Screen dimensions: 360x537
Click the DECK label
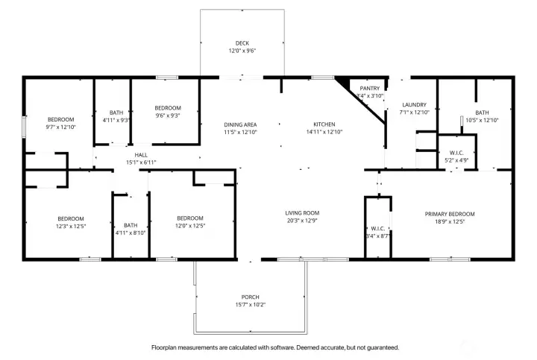(242, 43)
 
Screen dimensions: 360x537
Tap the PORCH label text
(250, 297)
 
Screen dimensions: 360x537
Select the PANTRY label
(370, 88)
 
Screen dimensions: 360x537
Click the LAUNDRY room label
(413, 104)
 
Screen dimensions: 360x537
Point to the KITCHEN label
(324, 124)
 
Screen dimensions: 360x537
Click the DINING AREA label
(240, 124)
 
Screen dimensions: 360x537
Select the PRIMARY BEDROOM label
(450, 213)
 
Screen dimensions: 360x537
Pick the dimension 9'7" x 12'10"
(61, 127)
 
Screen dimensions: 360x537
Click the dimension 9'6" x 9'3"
(168, 116)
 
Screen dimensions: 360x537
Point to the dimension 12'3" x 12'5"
(71, 226)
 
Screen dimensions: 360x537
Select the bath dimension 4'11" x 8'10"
(131, 233)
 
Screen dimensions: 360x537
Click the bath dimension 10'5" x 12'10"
(482, 120)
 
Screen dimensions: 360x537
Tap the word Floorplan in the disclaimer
(166, 347)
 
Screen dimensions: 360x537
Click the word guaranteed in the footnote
(381, 347)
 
